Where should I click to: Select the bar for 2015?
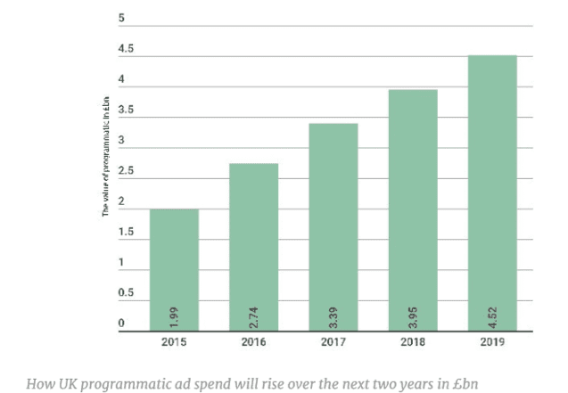pos(174,267)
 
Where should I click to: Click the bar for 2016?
pos(253,245)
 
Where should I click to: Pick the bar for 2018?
pos(413,209)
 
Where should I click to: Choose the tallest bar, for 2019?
pos(492,192)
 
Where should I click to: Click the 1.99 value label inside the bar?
pos(175,315)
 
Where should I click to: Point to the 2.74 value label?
pos(254,315)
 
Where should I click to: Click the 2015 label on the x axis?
pos(174,342)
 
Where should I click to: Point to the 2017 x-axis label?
pos(333,342)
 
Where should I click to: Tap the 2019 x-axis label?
pos(492,342)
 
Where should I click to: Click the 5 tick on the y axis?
pos(121,19)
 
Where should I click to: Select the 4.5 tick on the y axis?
pos(125,49)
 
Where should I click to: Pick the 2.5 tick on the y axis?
pos(125,171)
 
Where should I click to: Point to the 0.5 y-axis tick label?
pos(125,293)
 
